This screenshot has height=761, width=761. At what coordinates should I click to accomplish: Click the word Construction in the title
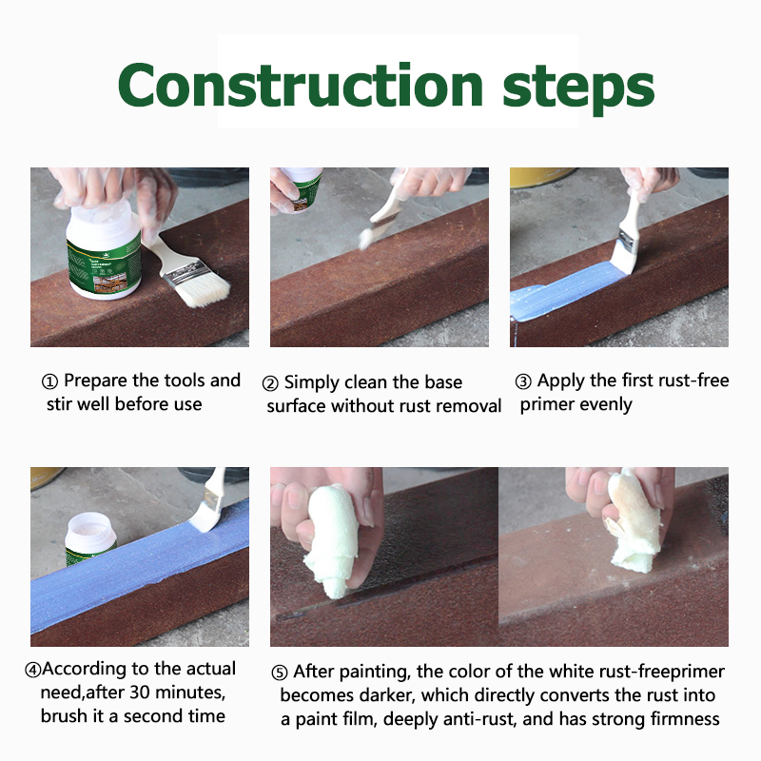[x=301, y=85]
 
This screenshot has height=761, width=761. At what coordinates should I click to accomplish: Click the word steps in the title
[x=578, y=88]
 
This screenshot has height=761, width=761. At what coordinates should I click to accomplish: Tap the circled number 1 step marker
[x=50, y=382]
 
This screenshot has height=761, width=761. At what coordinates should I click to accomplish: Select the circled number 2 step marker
[x=270, y=383]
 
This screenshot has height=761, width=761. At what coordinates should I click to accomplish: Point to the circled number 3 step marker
[x=523, y=382]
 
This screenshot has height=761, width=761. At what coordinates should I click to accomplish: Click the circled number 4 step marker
[x=33, y=671]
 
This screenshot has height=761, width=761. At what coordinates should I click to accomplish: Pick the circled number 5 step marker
[x=279, y=673]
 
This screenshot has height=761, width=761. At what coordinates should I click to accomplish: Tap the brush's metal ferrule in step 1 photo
[x=184, y=273]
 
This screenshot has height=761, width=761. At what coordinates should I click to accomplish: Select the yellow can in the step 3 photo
[x=541, y=177]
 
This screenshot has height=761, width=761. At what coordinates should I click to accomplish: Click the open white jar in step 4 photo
[x=89, y=537]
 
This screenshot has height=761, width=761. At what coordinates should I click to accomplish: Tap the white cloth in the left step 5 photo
[x=331, y=538]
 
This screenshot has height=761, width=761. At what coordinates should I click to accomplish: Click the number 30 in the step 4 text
[x=139, y=693]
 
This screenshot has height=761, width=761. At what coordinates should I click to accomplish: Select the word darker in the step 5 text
[x=387, y=695]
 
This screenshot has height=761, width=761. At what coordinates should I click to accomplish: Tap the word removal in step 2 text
[x=470, y=406]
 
